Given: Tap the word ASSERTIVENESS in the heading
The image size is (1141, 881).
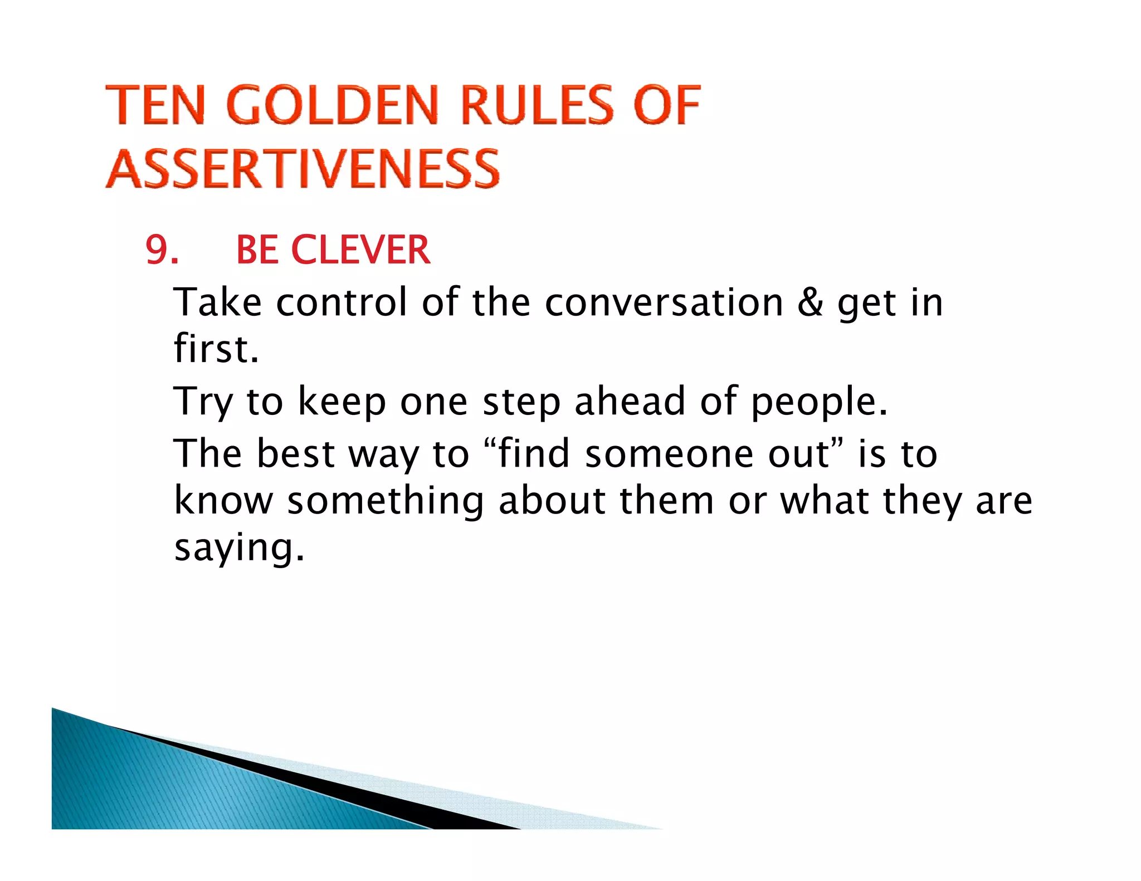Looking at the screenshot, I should coord(303,169).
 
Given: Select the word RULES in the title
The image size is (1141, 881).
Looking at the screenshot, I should coord(538,105).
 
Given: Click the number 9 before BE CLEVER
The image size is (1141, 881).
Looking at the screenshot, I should coord(158,250).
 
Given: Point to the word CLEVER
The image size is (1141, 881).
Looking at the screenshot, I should coord(360,250).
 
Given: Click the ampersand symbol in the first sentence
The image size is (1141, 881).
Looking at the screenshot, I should coord(810,302).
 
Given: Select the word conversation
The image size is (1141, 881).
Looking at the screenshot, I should coord(664,302).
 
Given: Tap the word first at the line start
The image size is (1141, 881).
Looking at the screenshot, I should coord(216,349).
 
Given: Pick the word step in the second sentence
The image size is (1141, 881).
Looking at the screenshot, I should coord(521,402).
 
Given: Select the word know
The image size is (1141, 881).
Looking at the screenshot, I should coord(223,500).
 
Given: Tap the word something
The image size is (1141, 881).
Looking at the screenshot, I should coord(385,500).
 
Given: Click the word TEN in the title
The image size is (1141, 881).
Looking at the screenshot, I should coord(156,105).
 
